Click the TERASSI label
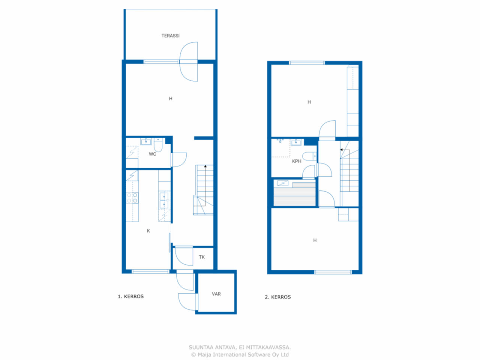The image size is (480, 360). (170, 36)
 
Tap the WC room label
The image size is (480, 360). (152, 154)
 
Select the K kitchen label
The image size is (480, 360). (148, 231)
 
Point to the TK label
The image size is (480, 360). (202, 257)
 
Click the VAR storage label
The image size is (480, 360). (216, 294)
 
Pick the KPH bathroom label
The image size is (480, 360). (297, 161)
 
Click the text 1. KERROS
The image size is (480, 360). (131, 297)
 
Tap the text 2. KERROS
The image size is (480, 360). (278, 297)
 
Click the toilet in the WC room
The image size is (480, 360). (158, 144)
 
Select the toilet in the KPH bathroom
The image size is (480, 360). (309, 156)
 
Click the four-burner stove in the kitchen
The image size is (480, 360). (132, 198)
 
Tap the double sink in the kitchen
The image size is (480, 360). (164, 200)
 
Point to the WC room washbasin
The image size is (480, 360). (146, 142)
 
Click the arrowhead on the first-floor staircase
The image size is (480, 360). (205, 166)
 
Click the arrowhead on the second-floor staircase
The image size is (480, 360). (341, 150)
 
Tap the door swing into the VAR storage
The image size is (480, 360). (187, 302)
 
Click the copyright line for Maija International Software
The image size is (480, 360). (240, 354)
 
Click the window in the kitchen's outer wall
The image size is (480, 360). (150, 271)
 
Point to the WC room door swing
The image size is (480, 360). (179, 160)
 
